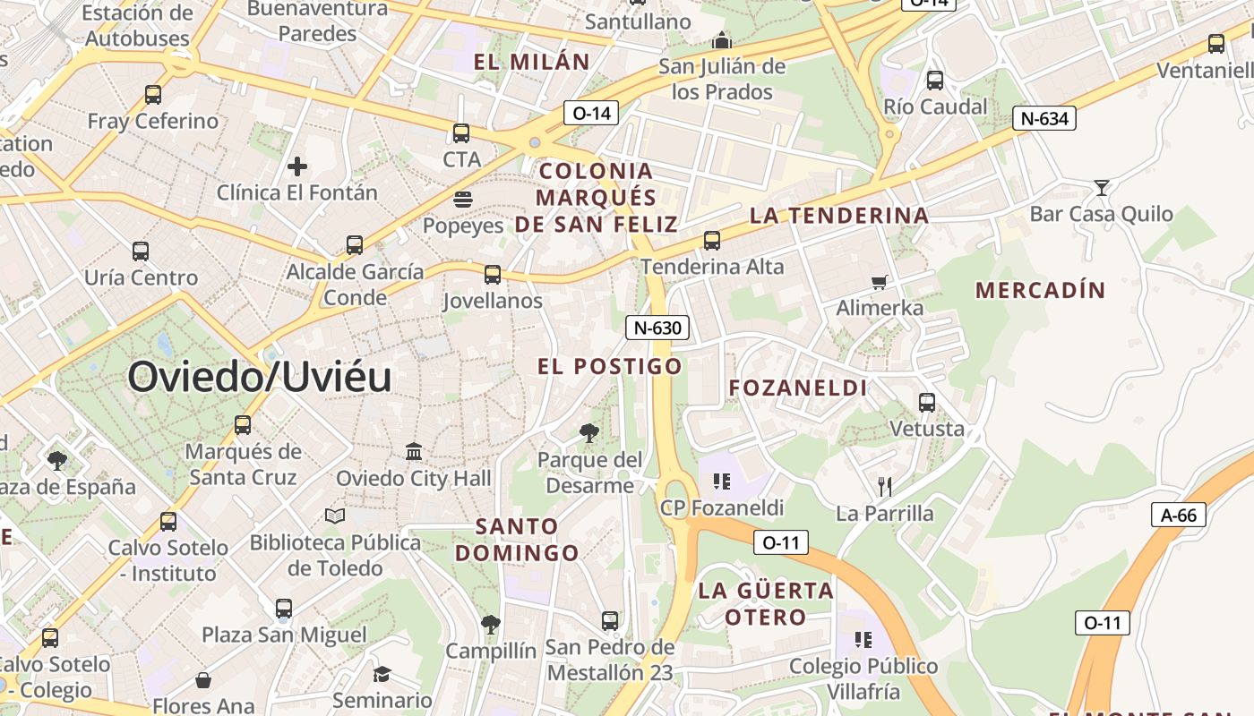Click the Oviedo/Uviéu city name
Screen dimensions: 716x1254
[260, 377]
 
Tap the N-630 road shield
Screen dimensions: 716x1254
[657, 328]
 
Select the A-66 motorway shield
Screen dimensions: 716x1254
[1178, 515]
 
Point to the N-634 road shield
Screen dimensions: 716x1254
[1044, 118]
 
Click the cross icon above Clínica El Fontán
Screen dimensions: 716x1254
[297, 166]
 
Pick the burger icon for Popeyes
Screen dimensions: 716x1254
[463, 199]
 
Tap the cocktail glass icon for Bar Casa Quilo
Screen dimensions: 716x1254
[1102, 187]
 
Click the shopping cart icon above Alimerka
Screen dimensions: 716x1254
[880, 282]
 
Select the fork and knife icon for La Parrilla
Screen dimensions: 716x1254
[885, 486]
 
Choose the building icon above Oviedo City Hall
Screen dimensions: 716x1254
[414, 451]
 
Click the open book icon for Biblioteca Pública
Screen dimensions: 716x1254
[335, 516]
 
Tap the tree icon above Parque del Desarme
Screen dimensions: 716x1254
[589, 433]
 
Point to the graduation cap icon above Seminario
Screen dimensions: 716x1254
[382, 674]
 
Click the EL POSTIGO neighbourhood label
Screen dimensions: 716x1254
[610, 366]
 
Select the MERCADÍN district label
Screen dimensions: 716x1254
[1041, 290]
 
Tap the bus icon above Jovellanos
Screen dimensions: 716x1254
[493, 275]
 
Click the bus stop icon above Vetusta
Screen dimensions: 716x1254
[927, 403]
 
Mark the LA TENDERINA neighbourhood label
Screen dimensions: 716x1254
[839, 216]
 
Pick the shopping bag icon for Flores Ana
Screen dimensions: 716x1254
[203, 680]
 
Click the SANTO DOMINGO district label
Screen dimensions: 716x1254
[517, 540]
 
